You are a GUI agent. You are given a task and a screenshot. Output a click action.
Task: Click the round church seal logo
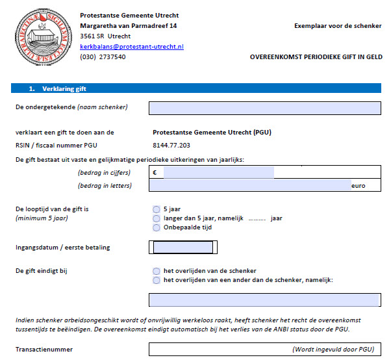tap(36, 37)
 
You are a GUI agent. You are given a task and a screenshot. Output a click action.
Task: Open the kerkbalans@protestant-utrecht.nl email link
tap(132, 47)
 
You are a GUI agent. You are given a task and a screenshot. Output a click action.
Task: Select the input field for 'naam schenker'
tap(264, 107)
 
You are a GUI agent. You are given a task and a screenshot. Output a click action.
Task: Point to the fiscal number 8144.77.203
tap(171, 145)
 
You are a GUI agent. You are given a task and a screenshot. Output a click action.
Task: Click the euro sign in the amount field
tap(155, 173)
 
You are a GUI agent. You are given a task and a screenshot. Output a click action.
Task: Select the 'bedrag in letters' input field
tap(250, 185)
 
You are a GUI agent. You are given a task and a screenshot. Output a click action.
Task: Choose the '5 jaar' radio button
tap(156, 209)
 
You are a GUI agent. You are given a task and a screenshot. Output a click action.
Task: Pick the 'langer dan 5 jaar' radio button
tap(156, 218)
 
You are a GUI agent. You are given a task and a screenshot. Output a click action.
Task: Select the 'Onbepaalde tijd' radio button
tap(156, 227)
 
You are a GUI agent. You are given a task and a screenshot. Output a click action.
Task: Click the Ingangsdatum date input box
tap(181, 247)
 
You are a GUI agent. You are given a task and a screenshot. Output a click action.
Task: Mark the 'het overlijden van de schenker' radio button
tap(156, 271)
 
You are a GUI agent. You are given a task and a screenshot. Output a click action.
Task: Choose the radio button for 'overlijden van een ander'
tap(156, 280)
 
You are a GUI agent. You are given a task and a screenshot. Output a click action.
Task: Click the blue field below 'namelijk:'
tap(264, 300)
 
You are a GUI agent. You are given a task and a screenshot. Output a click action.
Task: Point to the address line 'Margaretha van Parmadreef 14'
tap(128, 26)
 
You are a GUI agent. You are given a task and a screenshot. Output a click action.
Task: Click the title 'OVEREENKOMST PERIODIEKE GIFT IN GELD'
tap(316, 57)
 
